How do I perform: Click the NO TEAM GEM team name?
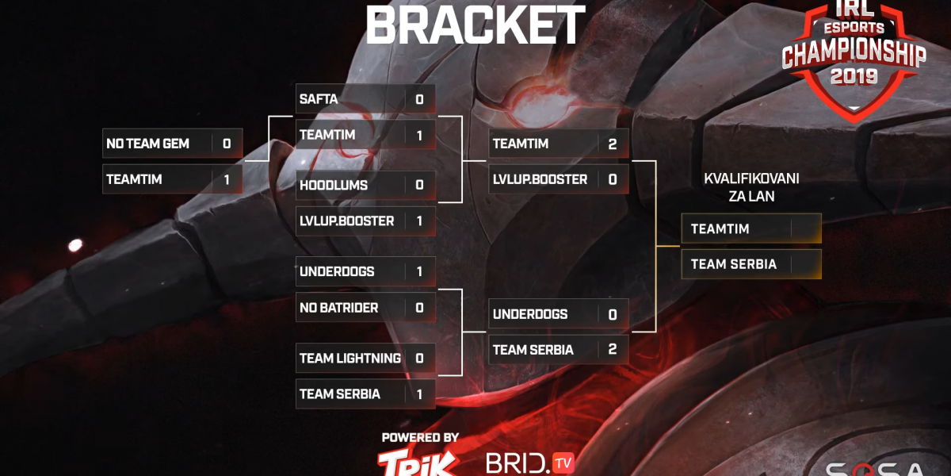tap(147, 144)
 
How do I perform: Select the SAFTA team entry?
tap(319, 99)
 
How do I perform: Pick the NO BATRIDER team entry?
tap(338, 307)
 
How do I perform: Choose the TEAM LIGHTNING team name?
tap(349, 358)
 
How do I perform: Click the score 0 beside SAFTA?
tap(419, 99)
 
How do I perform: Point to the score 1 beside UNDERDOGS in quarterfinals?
tap(419, 271)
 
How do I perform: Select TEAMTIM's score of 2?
tap(613, 144)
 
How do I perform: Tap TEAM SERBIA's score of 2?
tap(613, 349)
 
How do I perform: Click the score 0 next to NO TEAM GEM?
tap(227, 144)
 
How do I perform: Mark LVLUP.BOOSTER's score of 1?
tap(419, 221)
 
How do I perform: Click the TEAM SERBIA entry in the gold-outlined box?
tap(733, 264)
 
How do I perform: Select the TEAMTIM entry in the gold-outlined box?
tap(720, 228)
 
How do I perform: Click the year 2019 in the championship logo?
tap(854, 77)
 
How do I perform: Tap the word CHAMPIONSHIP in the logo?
tap(854, 54)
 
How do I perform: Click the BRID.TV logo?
tap(529, 463)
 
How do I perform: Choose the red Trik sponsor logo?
tap(417, 462)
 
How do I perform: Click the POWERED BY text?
tap(420, 437)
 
